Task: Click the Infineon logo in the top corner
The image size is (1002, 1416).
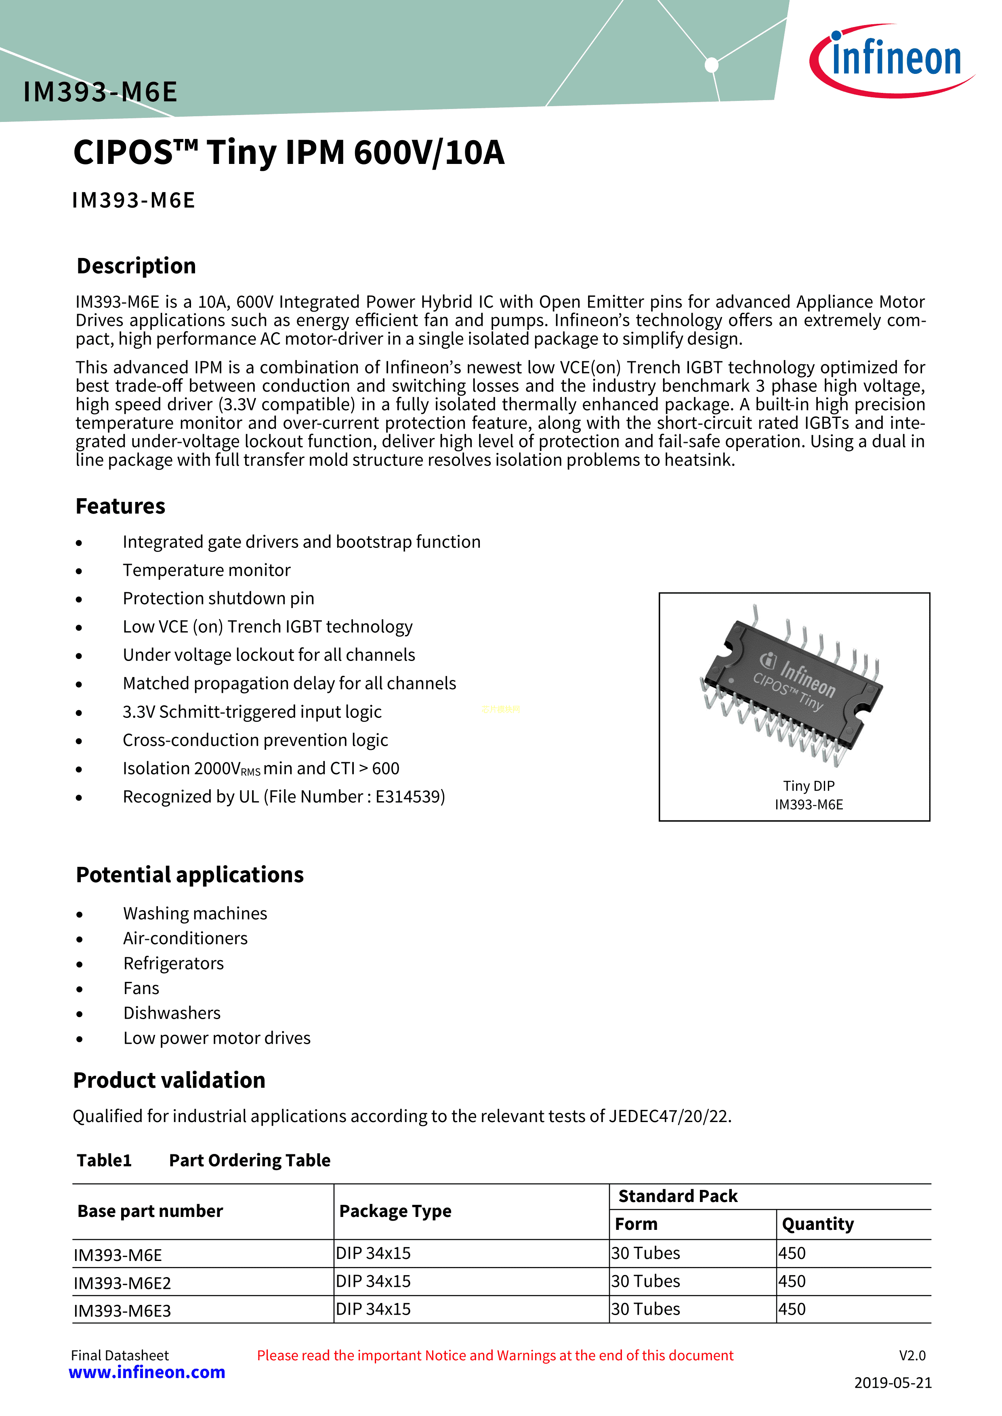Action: (x=892, y=60)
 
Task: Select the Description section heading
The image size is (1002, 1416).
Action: (x=137, y=266)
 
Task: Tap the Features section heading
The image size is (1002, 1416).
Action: (x=120, y=506)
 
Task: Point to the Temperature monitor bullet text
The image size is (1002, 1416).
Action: (x=206, y=571)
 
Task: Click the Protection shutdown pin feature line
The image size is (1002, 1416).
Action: (x=218, y=599)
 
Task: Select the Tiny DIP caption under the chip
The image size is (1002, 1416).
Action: (x=808, y=786)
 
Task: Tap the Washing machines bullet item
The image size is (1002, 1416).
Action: (x=195, y=913)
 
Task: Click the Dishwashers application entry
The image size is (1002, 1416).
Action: (x=172, y=1013)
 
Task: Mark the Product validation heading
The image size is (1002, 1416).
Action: (x=169, y=1080)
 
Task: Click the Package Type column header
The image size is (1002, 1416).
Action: (x=395, y=1211)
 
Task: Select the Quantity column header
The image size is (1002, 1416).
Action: (x=817, y=1224)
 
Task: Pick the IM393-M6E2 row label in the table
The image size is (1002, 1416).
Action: (x=122, y=1284)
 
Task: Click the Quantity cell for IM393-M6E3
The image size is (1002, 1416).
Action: (x=792, y=1309)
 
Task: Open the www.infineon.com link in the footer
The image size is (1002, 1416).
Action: (x=147, y=1372)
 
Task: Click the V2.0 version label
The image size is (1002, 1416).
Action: (x=912, y=1355)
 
